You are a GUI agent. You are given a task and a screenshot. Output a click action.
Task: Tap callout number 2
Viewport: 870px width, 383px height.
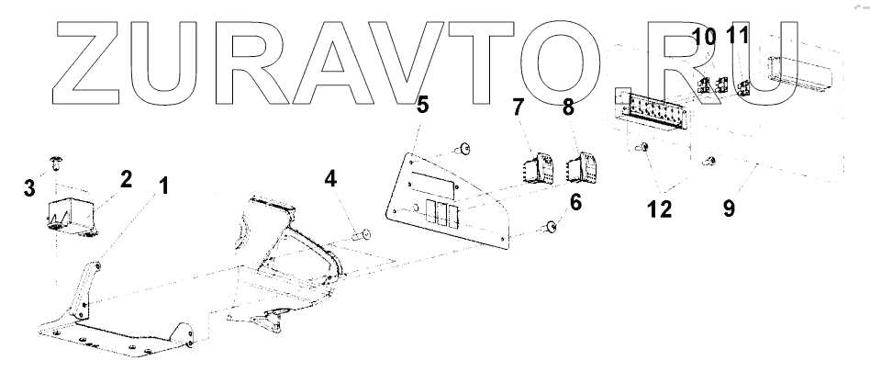click(126, 178)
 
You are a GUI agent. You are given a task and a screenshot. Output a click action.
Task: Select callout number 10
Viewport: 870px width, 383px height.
click(705, 39)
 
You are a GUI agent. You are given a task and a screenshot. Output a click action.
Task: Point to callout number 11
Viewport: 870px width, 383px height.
click(738, 39)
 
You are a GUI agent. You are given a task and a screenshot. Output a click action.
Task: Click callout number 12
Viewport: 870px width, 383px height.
click(658, 208)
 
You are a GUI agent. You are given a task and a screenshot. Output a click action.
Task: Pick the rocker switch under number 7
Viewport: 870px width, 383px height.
click(535, 170)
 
